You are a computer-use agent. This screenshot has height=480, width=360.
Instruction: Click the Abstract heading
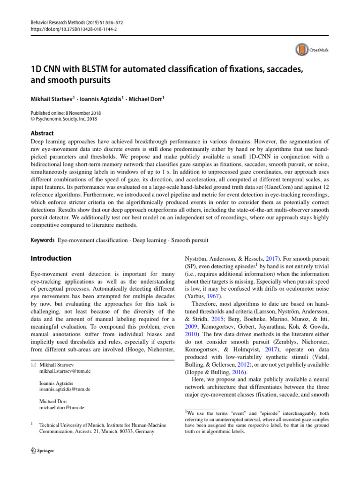click(42, 133)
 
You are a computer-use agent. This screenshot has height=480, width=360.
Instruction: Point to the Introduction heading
click(51, 258)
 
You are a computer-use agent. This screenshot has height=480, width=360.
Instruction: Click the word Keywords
click(42, 240)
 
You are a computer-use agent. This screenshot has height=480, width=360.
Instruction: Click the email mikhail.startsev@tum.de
click(65, 371)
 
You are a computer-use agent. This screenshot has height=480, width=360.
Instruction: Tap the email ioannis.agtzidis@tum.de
click(65, 389)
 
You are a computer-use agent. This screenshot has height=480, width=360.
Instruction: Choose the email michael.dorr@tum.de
click(62, 408)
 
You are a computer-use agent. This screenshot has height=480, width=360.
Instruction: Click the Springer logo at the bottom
click(42, 451)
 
